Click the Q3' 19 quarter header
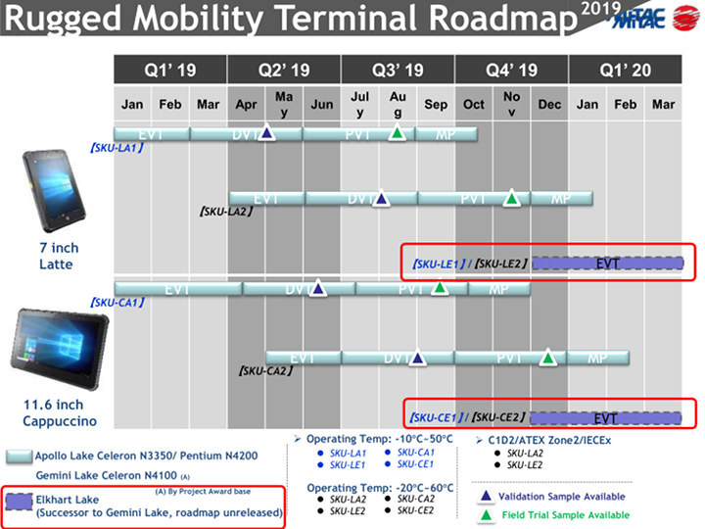(398, 70)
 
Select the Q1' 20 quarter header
(624, 70)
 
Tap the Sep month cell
(436, 105)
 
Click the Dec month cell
(549, 105)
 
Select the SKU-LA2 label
(226, 211)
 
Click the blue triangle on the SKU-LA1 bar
(265, 132)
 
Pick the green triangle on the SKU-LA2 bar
(511, 198)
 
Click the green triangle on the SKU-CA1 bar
(440, 288)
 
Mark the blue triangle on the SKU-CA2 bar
(418, 359)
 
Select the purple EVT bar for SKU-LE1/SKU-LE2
(607, 263)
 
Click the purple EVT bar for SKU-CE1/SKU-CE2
(607, 416)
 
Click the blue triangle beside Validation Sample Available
(487, 497)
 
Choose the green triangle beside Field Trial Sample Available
(487, 514)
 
